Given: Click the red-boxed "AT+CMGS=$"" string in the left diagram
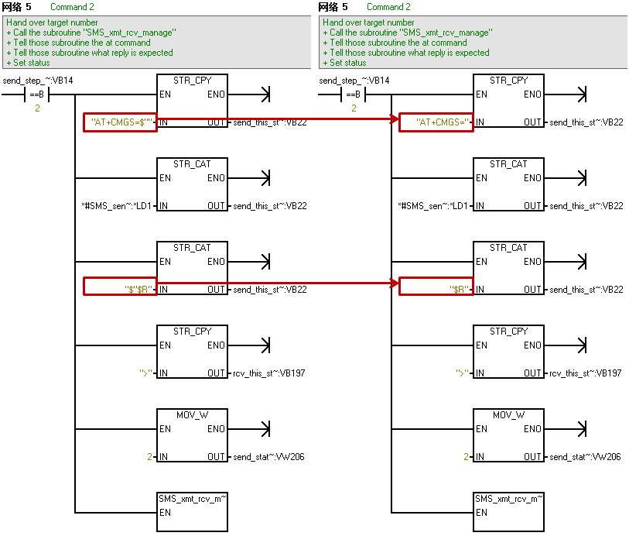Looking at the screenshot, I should click(120, 122).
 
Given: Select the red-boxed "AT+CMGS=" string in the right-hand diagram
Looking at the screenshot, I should click(436, 122).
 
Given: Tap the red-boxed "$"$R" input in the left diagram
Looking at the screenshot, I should click(120, 289).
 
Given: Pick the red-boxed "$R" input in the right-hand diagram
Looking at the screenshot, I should click(436, 289).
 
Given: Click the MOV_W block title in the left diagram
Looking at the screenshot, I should click(192, 415).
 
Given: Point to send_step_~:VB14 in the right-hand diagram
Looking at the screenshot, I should click(354, 81).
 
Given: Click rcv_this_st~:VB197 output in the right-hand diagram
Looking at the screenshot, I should click(586, 373).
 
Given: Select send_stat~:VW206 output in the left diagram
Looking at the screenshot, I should click(268, 457).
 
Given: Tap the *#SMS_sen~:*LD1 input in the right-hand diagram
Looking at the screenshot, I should click(433, 206).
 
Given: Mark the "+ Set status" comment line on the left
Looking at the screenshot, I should click(28, 63).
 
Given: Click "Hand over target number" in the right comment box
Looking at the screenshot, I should click(368, 22).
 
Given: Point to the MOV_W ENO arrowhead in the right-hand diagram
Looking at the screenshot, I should click(583, 429).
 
